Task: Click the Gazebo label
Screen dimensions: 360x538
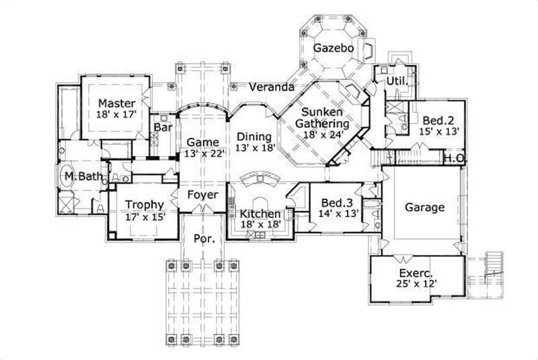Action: point(331,47)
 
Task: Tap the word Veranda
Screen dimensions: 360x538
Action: point(271,87)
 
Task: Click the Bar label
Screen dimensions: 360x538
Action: point(162,127)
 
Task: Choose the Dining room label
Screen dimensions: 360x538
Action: point(254,136)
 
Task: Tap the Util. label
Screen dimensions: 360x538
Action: point(394,81)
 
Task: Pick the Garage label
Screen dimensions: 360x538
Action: point(424,207)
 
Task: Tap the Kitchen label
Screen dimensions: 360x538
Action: point(260,214)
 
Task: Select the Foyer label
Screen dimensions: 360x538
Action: point(202,195)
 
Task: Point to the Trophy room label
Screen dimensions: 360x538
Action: point(144,205)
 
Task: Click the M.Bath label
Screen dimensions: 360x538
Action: point(83,177)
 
